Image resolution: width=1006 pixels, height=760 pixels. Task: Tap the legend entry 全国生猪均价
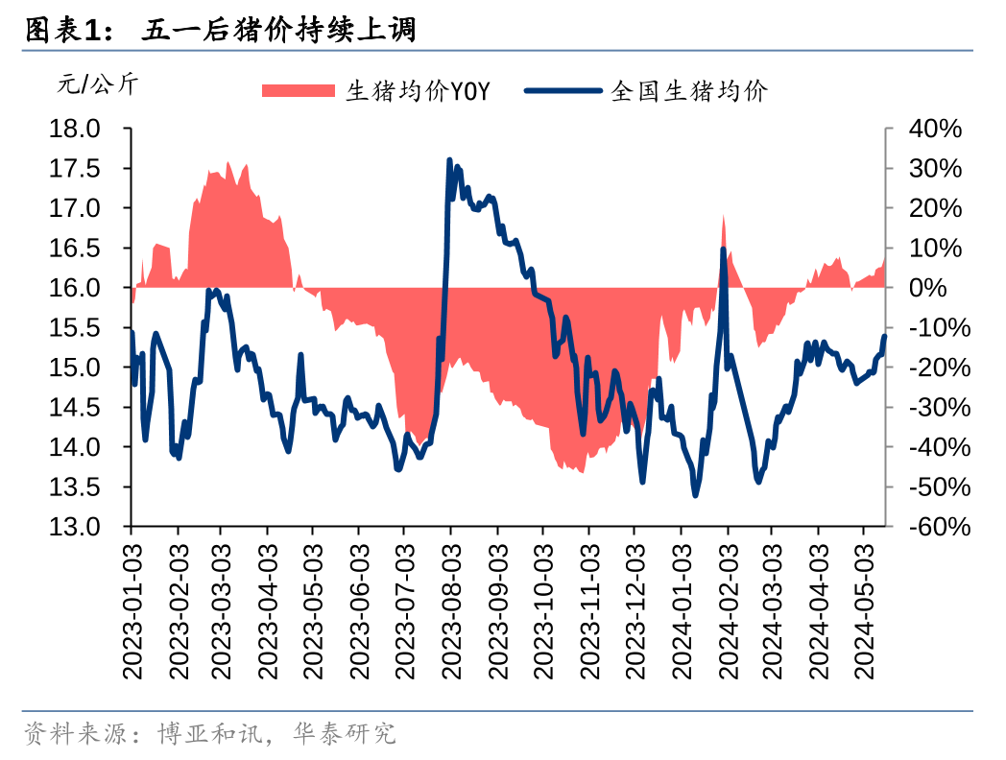tap(689, 91)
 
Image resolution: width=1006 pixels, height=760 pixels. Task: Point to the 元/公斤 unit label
tap(97, 84)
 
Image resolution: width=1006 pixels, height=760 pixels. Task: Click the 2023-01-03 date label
tap(133, 609)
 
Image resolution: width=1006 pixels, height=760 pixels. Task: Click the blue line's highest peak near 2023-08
tap(450, 159)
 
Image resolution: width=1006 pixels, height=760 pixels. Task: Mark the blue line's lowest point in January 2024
tap(695, 495)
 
